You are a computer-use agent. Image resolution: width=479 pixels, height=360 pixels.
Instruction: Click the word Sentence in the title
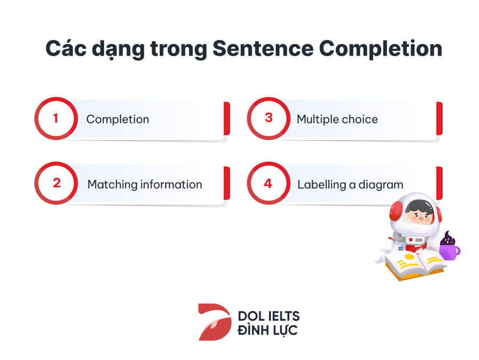(x=263, y=48)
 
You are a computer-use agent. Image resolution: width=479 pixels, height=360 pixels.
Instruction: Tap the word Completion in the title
(x=381, y=49)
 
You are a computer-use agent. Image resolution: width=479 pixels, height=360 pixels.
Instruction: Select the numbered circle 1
(x=56, y=118)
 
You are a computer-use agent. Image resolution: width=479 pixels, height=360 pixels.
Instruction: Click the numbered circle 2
(x=56, y=183)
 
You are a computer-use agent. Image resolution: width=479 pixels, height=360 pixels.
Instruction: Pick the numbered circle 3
(x=269, y=118)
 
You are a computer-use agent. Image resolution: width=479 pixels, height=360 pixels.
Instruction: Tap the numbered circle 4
(x=269, y=183)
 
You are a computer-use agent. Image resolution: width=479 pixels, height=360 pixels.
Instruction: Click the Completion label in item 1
(x=118, y=119)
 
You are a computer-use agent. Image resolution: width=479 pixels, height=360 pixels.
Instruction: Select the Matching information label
(x=144, y=185)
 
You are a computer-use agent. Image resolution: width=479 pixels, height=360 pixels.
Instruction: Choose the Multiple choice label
(x=337, y=119)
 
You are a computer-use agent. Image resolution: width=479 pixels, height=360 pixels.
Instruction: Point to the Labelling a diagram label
(x=350, y=185)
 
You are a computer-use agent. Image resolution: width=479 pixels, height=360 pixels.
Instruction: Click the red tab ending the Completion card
(x=227, y=119)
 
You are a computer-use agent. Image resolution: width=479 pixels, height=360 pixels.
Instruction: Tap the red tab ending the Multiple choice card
(x=439, y=119)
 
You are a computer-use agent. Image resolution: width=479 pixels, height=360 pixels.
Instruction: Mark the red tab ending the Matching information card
(x=227, y=183)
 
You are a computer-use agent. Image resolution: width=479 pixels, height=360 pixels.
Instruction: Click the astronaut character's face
(x=419, y=211)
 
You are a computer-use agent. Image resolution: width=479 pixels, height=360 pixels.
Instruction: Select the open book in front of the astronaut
(x=415, y=264)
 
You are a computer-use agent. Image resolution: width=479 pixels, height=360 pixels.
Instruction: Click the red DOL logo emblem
(x=215, y=322)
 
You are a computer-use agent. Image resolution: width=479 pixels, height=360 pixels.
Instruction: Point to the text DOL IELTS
(x=269, y=316)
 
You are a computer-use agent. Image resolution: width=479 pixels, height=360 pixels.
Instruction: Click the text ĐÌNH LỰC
(x=268, y=330)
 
